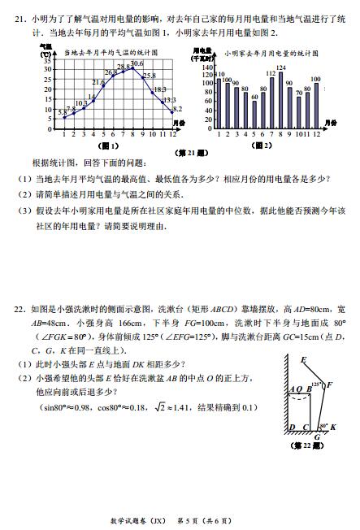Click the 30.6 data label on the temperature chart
tap(137, 63)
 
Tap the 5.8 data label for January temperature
tap(63, 111)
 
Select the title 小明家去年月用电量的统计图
tap(265, 53)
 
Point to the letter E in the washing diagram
tap(303, 358)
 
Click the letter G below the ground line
tap(317, 437)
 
